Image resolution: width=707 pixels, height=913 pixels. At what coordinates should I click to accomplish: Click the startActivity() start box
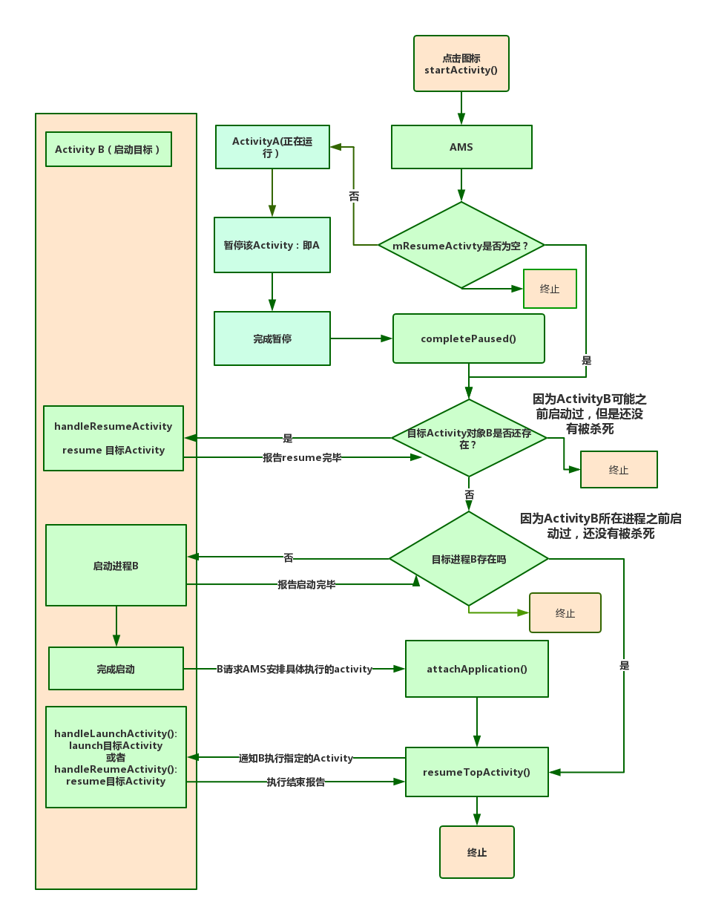461,64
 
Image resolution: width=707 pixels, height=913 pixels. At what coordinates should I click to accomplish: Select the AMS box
461,147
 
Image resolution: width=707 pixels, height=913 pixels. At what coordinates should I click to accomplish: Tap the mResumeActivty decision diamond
461,245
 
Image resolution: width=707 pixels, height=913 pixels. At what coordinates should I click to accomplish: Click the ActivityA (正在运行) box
272,147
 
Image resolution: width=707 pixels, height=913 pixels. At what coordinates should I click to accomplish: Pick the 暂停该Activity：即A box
272,245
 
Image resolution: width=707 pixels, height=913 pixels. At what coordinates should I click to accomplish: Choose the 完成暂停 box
272,338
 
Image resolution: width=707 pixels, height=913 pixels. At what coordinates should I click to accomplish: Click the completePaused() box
468,338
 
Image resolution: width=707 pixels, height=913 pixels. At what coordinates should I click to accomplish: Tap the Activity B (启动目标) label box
108,149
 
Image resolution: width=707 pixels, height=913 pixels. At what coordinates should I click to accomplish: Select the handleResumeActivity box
114,438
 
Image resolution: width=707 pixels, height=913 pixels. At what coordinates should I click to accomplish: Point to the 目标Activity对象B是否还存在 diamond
469,438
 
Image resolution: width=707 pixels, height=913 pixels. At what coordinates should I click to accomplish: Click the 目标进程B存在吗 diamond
469,559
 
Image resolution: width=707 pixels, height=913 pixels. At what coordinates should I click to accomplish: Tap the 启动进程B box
116,566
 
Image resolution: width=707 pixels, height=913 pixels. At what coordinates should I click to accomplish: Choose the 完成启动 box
116,669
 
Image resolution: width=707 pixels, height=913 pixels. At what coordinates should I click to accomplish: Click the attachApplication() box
476,669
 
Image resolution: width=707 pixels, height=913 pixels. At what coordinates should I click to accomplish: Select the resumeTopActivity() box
476,772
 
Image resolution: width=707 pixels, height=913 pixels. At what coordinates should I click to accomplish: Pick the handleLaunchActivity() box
116,757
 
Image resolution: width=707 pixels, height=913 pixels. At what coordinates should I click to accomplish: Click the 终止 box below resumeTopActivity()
476,853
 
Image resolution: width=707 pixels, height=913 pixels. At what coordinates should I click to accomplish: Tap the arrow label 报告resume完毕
302,457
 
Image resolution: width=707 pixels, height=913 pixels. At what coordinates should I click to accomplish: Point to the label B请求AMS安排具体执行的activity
295,669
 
